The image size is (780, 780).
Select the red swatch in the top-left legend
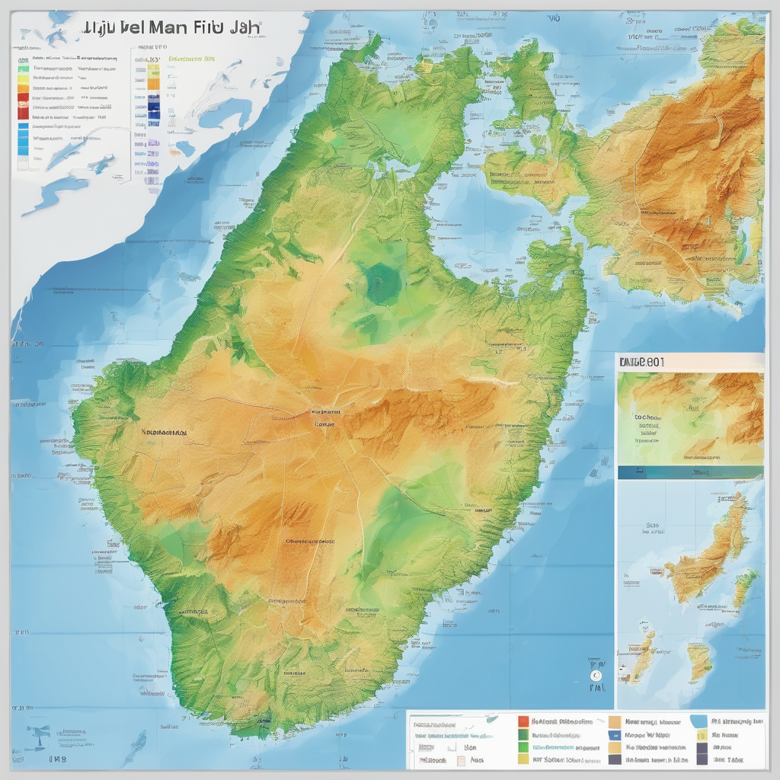(22, 110)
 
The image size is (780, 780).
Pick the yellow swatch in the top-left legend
(22, 76)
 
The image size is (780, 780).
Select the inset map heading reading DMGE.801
(642, 363)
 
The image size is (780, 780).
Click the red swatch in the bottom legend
(523, 721)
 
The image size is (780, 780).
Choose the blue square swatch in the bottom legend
(613, 736)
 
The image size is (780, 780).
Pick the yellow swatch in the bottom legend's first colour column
(523, 758)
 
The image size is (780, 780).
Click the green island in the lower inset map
(746, 587)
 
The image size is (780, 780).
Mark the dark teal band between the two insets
(689, 472)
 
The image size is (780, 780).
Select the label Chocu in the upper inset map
(647, 418)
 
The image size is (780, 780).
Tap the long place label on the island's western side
(164, 431)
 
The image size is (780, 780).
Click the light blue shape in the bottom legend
(698, 721)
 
